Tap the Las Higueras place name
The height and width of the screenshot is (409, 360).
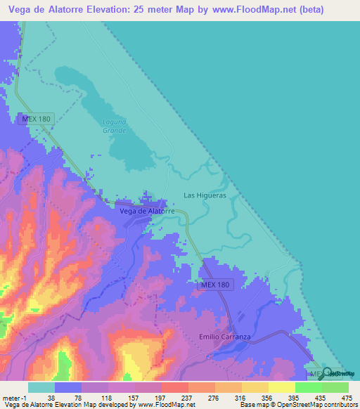205,195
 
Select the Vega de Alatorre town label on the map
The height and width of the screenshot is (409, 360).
147,211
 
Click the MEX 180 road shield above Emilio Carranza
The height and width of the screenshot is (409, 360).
214,284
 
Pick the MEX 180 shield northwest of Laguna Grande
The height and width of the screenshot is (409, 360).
36,119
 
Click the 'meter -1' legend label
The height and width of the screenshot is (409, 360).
13,397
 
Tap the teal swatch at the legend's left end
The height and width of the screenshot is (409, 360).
41,387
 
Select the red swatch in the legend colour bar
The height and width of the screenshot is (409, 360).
174,387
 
